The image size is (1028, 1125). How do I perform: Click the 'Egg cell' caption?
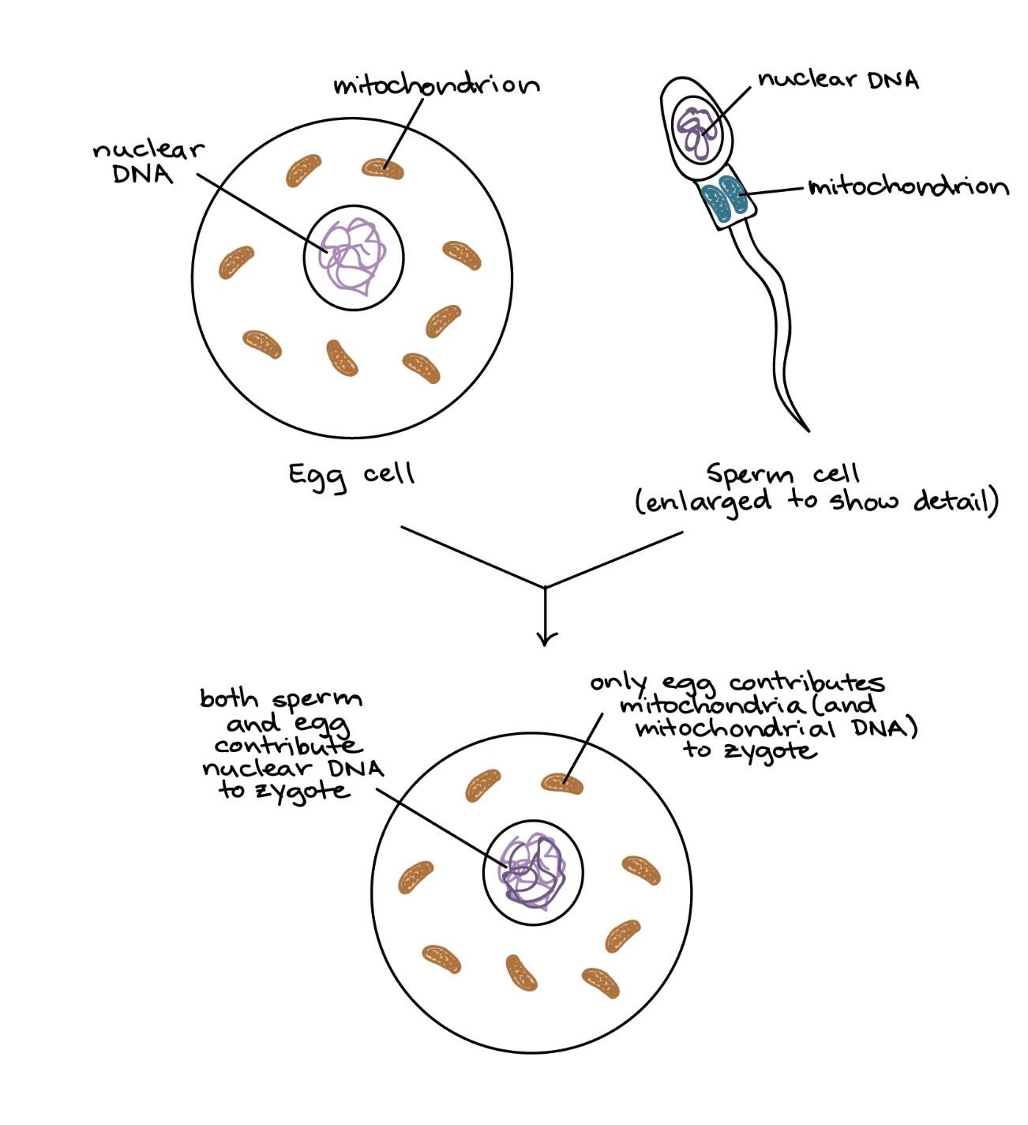pyautogui.click(x=351, y=475)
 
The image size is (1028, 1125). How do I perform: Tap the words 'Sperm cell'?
pyautogui.click(x=782, y=474)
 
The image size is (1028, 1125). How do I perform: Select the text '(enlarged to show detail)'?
pyautogui.click(x=817, y=502)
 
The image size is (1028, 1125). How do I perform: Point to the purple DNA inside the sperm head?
pyautogui.click(x=699, y=131)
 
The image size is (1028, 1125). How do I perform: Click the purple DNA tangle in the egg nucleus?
pyautogui.click(x=353, y=254)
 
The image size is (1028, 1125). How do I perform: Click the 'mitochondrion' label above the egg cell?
pyautogui.click(x=436, y=85)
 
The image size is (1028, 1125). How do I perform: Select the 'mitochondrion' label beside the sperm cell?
pyautogui.click(x=908, y=187)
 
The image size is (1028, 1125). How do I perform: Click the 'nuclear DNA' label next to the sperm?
pyautogui.click(x=839, y=80)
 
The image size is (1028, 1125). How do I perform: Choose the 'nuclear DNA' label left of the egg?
pyautogui.click(x=148, y=162)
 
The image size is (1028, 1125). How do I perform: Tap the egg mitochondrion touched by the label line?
pyautogui.click(x=383, y=168)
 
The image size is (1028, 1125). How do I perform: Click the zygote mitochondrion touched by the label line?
pyautogui.click(x=562, y=784)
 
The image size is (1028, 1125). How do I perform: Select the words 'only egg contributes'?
pyautogui.click(x=737, y=683)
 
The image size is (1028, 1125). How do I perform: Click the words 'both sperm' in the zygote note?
pyautogui.click(x=280, y=699)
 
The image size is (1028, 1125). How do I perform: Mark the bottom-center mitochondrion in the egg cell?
pyautogui.click(x=342, y=359)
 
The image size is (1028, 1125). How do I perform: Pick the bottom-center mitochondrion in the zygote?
pyautogui.click(x=521, y=973)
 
